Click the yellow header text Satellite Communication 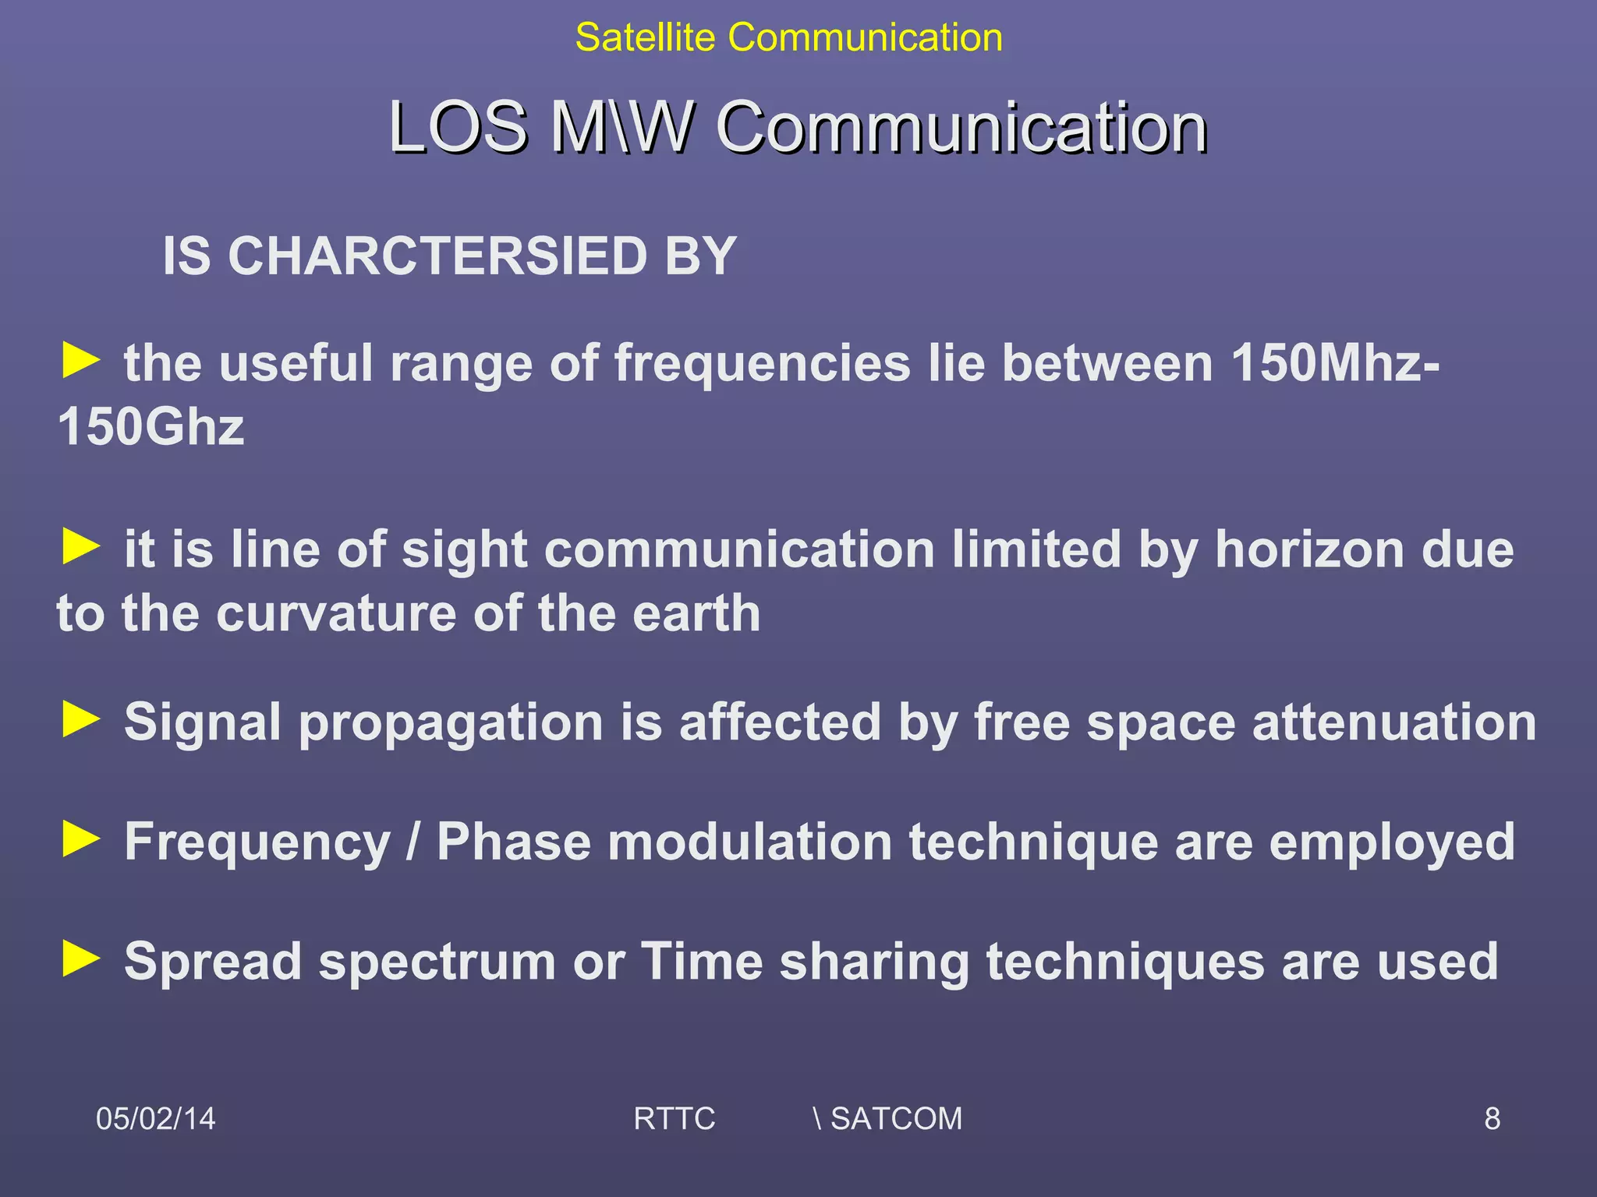[x=788, y=37]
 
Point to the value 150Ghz [x=150, y=427]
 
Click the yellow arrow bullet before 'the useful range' [x=81, y=361]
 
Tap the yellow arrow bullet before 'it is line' [x=81, y=546]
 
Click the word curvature [x=336, y=613]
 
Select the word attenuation [x=1394, y=722]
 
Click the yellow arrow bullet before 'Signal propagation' [x=81, y=719]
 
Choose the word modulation [x=749, y=842]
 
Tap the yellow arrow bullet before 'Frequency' [x=81, y=839]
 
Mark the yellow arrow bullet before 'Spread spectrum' [x=81, y=958]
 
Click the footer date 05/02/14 [x=155, y=1118]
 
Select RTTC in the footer [x=674, y=1118]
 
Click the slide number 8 [x=1492, y=1118]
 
